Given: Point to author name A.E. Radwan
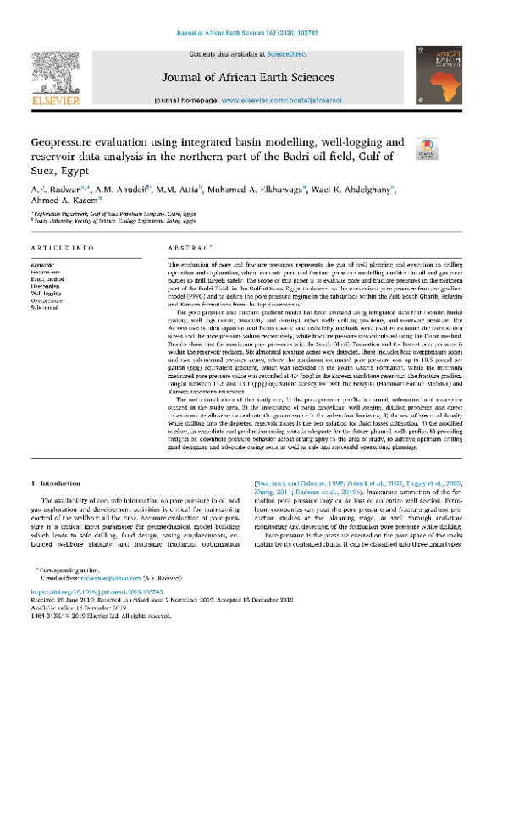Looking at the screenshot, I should point(54,187).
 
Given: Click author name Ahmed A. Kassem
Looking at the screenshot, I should point(64,201).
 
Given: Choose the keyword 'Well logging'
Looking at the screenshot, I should point(47,291).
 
